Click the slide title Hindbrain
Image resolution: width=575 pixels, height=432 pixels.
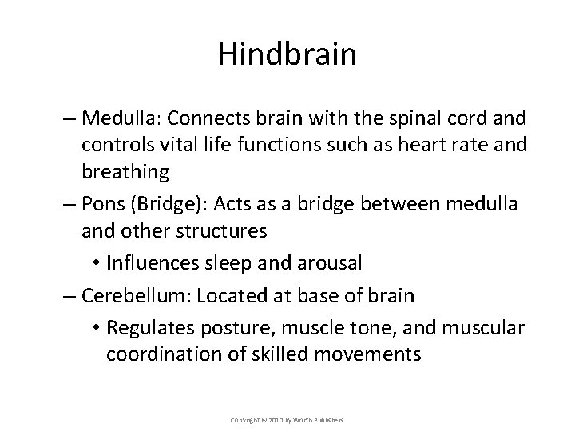click(x=287, y=54)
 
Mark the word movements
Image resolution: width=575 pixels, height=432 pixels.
click(x=363, y=354)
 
